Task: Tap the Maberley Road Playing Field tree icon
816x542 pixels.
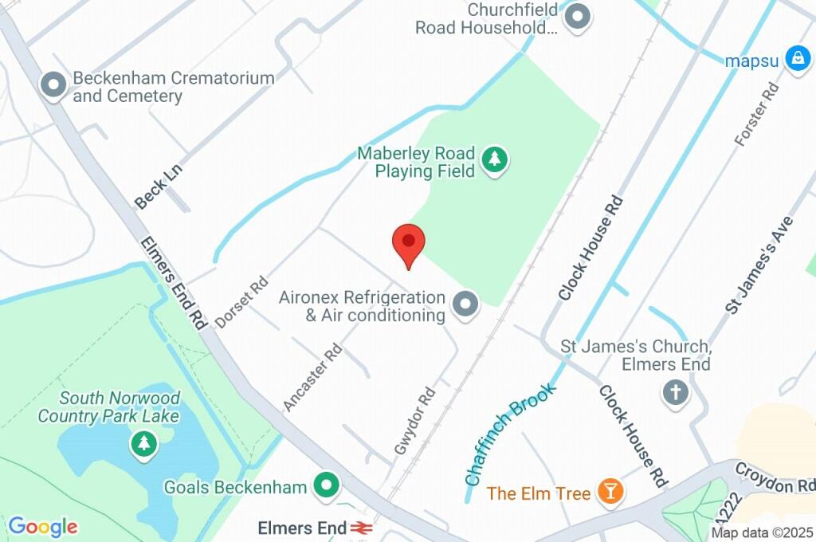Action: [496, 160]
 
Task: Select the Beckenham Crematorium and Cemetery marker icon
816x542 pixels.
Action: [53, 86]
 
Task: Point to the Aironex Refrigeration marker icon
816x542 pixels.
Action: [465, 304]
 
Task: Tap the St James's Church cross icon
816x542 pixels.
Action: [676, 392]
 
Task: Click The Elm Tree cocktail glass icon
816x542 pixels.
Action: [610, 492]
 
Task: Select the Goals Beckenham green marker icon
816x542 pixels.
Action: [326, 486]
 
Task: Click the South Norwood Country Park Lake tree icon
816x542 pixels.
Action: [143, 443]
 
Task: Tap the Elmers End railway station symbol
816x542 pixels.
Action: [362, 528]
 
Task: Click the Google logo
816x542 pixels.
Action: [42, 526]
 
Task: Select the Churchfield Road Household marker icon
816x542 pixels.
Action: [577, 17]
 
